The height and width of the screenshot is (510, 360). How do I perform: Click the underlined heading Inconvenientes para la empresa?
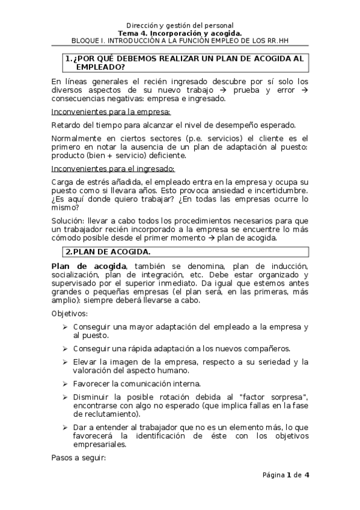tap(111, 112)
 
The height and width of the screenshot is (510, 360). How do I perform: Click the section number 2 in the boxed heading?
tap(68, 251)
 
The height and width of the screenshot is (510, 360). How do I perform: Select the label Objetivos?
tap(70, 314)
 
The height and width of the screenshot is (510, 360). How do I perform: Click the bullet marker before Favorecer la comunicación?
tap(64, 383)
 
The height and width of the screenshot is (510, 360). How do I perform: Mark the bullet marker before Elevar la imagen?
tap(64, 361)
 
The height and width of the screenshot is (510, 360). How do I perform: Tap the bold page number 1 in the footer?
tap(288, 475)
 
